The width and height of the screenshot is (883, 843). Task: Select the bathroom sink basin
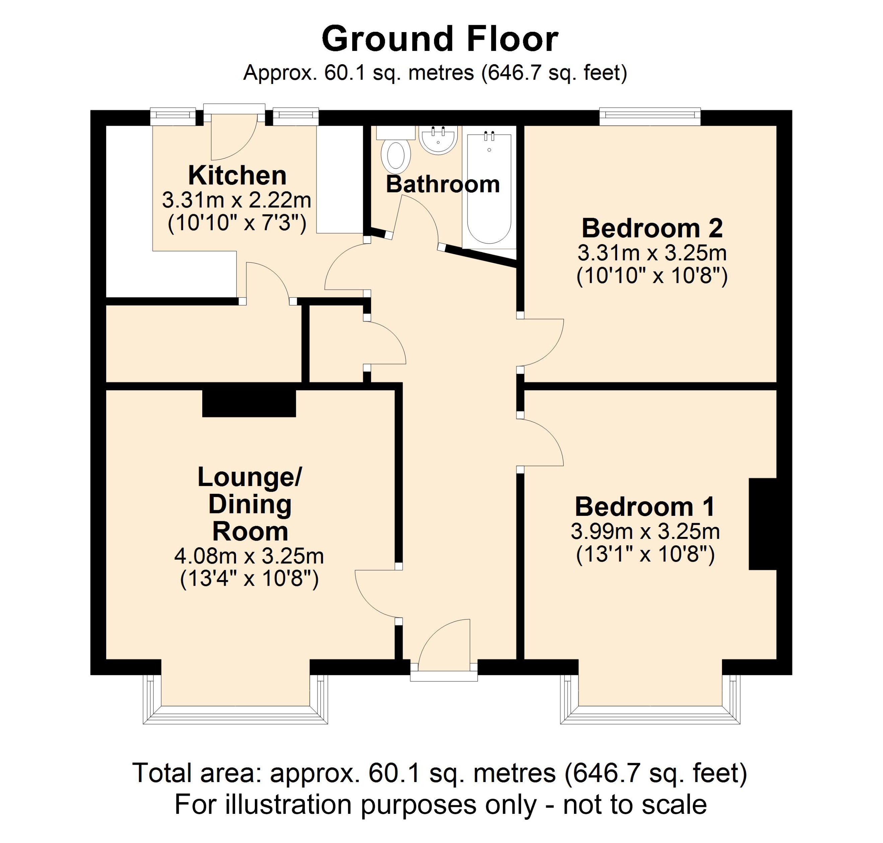pos(438,139)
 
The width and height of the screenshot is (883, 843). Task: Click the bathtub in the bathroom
pos(489,189)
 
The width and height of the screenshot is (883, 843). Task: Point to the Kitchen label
pos(237,175)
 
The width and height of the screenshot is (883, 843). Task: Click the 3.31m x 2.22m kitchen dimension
pos(237,200)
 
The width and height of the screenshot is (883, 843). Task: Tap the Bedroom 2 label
pos(652,228)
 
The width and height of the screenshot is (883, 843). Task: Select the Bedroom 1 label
pos(645,507)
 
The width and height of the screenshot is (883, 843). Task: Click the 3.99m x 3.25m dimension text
pos(645,532)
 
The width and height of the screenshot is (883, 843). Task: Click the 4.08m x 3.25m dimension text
pos(249,556)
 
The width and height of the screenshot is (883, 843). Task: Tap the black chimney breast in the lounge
pos(249,403)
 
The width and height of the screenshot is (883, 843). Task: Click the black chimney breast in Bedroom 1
pos(762,524)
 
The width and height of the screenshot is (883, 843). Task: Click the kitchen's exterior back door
pos(234,135)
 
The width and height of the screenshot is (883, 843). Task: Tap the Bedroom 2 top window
pos(650,117)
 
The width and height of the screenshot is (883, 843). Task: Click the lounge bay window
pos(235,715)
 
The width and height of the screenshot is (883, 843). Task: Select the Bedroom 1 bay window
pos(650,715)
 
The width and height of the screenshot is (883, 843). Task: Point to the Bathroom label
pos(443,184)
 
